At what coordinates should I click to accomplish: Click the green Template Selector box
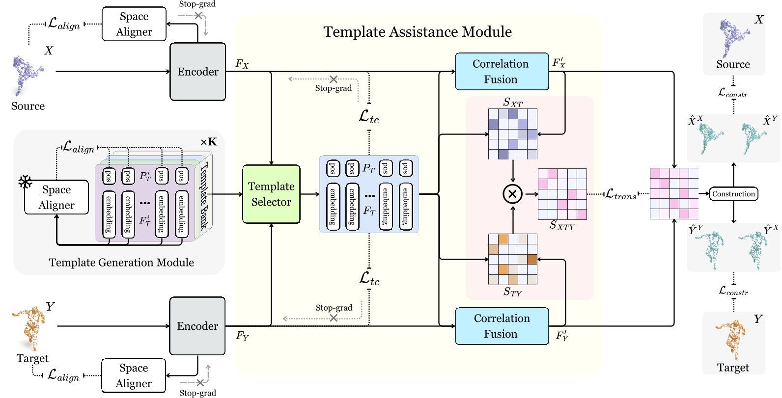pyautogui.click(x=271, y=194)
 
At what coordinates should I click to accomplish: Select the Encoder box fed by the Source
pyautogui.click(x=198, y=72)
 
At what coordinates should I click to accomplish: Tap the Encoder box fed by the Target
pyautogui.click(x=197, y=326)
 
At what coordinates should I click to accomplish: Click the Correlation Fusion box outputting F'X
pyautogui.click(x=501, y=72)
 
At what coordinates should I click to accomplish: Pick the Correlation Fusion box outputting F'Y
pyautogui.click(x=501, y=326)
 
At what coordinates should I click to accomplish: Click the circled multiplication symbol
pyautogui.click(x=512, y=194)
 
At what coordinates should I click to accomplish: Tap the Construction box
pyautogui.click(x=733, y=194)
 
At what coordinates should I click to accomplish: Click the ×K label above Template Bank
pyautogui.click(x=209, y=142)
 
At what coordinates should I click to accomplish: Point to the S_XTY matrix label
pyautogui.click(x=562, y=226)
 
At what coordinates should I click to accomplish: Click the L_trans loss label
pyautogui.click(x=620, y=194)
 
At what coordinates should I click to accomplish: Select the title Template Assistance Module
pyautogui.click(x=418, y=32)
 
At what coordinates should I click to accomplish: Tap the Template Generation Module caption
pyautogui.click(x=121, y=263)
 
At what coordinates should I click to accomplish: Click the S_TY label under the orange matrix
pyautogui.click(x=512, y=292)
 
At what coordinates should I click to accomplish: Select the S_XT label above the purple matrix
pyautogui.click(x=512, y=103)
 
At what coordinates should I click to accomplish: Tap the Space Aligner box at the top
pyautogui.click(x=134, y=24)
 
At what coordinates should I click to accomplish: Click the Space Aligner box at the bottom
pyautogui.click(x=134, y=376)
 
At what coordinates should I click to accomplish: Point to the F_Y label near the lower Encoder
pyautogui.click(x=242, y=336)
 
